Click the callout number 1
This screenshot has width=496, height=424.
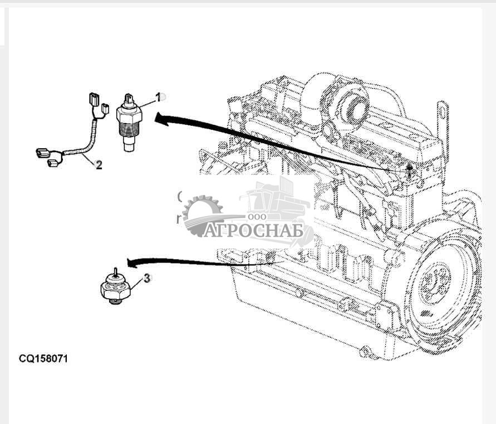pos(158,97)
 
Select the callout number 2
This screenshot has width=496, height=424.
pos(99,165)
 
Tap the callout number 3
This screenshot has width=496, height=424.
pos(146,279)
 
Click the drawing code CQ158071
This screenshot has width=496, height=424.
pos(43,359)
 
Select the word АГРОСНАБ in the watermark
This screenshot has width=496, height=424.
pos(253,231)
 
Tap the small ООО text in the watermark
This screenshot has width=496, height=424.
pos(257,216)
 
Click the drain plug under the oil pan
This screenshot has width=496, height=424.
pos(365,352)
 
